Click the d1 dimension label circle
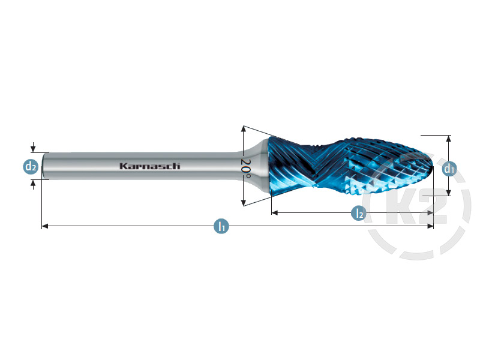coord(449,169)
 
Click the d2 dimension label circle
coord(31,167)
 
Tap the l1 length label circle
coord(221,226)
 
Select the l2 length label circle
coord(358,212)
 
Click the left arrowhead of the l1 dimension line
coord(44,226)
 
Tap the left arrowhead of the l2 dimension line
coord(275,212)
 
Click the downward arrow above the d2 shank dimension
coord(33,148)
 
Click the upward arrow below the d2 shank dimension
coord(33,183)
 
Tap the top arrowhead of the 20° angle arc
coord(243,129)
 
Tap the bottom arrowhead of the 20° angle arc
coord(243,202)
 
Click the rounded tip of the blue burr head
coord(431,165)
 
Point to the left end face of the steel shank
coord(43,166)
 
